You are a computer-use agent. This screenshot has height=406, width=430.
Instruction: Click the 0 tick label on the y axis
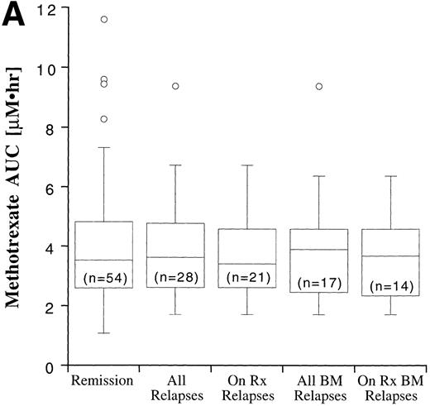click(58, 365)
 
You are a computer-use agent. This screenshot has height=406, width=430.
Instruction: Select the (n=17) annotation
click(318, 283)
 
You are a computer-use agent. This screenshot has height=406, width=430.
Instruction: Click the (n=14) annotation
click(389, 286)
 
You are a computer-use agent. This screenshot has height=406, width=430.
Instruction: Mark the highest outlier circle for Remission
click(103, 19)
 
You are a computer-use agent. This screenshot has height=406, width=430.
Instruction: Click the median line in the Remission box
click(103, 260)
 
